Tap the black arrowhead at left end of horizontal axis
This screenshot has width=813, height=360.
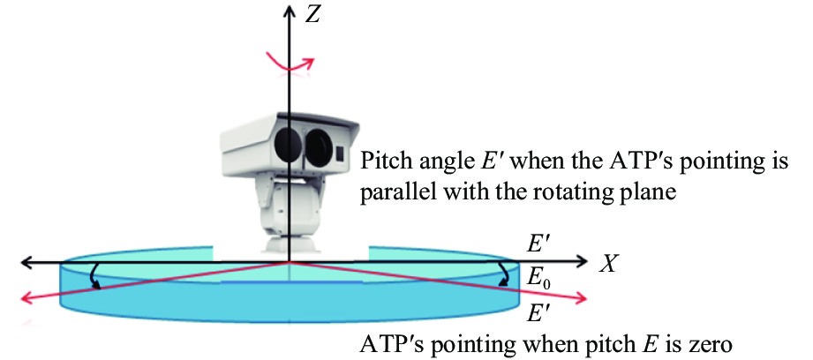coord(28,262)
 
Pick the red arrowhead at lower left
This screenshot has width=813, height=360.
coord(28,301)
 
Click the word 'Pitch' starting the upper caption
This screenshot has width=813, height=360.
coord(385,163)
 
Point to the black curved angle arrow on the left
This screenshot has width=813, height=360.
coord(91,277)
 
